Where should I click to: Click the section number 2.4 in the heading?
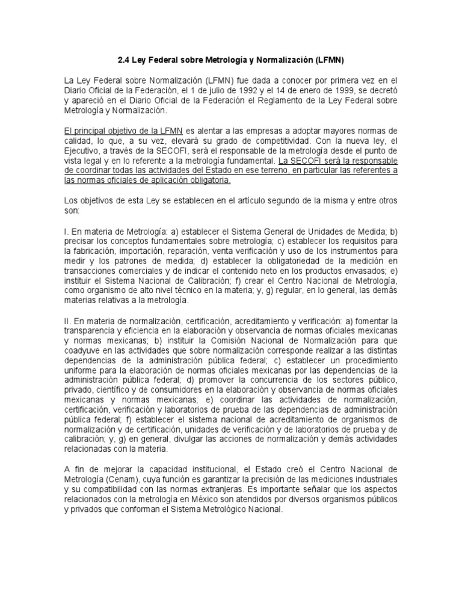click(x=121, y=60)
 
